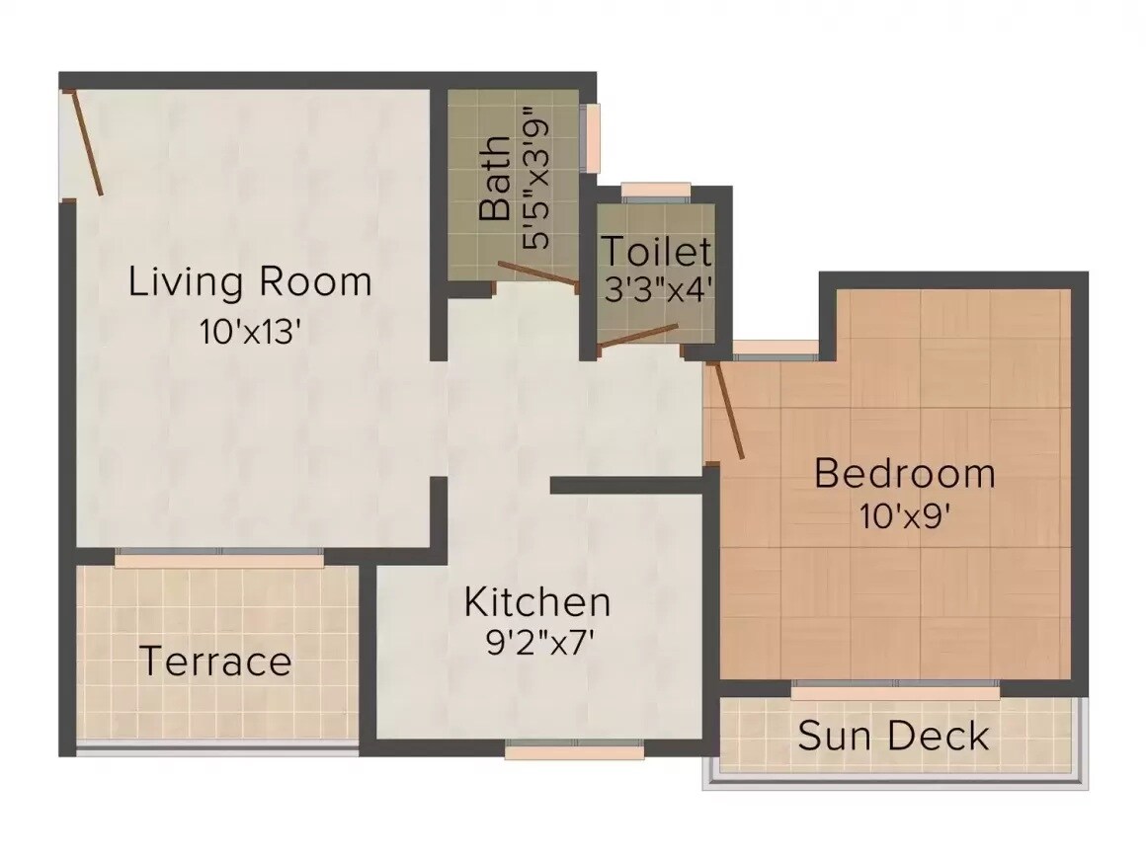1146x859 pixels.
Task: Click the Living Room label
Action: click(250, 282)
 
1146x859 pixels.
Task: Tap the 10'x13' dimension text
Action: click(250, 332)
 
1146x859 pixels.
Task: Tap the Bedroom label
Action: click(904, 474)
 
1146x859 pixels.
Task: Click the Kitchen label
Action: click(537, 601)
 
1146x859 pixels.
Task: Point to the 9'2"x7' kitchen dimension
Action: click(537, 644)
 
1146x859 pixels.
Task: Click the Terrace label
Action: click(215, 661)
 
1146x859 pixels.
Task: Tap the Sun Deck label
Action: click(893, 737)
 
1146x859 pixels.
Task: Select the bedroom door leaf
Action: click(728, 410)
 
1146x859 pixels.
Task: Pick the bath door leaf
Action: click(538, 275)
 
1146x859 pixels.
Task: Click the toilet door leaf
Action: click(639, 337)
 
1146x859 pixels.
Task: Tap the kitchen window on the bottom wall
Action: click(574, 752)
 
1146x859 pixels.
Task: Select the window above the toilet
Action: click(656, 191)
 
